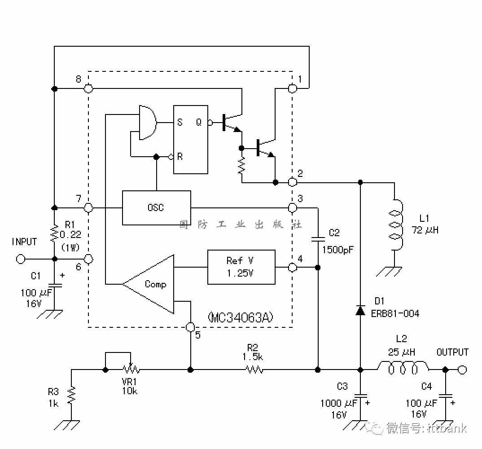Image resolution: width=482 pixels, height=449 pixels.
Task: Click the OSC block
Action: pos(157,208)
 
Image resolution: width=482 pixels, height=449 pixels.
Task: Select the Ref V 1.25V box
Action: pos(241,267)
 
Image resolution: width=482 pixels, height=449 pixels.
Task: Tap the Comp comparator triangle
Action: pos(148,284)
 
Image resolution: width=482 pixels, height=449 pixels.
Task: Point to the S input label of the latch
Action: pos(180,123)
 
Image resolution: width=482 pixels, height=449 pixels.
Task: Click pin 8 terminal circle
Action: pos(88,88)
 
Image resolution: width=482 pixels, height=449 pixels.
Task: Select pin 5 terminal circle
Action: pos(191,327)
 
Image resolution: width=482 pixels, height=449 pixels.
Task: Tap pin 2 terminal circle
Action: pos(292,182)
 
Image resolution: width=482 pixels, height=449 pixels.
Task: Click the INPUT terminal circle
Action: pos(21,259)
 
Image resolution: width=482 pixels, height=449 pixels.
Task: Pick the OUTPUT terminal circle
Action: pos(462,370)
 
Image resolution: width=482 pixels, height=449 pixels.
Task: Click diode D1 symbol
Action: pos(360,310)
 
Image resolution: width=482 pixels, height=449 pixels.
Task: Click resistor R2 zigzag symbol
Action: pos(254,370)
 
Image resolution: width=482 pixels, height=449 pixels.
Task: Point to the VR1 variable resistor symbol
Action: pos(131,368)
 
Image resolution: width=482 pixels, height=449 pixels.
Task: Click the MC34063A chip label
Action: pos(241,317)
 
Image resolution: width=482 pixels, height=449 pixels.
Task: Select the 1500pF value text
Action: pos(338,250)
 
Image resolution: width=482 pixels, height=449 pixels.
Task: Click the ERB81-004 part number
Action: pos(395,314)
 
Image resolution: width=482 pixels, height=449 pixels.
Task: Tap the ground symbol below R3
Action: pos(67,425)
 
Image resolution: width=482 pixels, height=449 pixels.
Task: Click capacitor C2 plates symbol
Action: pos(318,239)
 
